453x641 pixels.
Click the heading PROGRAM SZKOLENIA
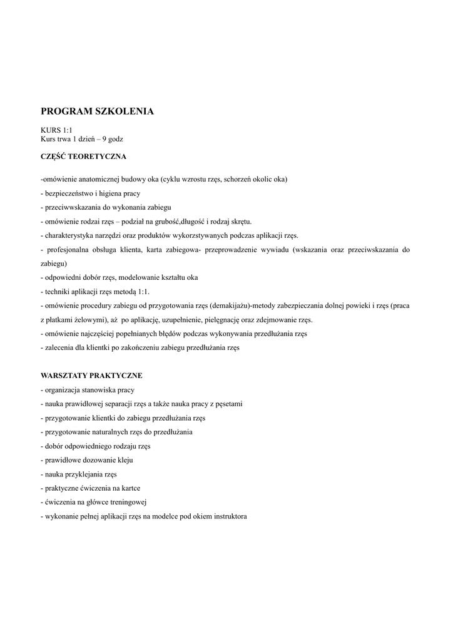[97, 111]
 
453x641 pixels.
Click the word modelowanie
[135, 277]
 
